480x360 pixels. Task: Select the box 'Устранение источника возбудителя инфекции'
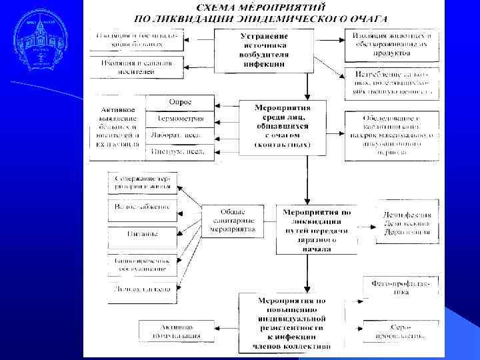263,49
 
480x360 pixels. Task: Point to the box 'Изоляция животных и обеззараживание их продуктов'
391,43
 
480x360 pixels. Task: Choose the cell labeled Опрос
181,102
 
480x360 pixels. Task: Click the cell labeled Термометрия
181,119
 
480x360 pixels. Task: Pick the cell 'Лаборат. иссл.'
181,135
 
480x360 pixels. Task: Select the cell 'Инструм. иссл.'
181,152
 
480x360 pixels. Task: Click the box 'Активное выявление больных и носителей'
117,127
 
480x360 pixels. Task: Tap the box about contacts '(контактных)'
282,125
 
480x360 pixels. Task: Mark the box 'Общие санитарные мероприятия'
229,221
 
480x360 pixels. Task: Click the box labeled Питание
143,234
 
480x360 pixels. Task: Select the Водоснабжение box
143,207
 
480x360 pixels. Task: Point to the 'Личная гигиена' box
143,289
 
